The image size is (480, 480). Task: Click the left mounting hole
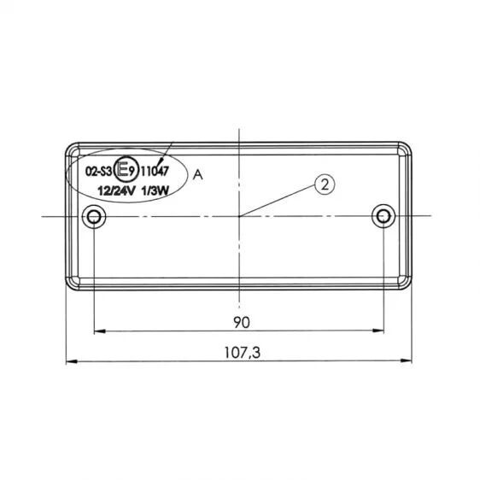click(x=94, y=217)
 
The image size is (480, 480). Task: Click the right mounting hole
click(x=383, y=216)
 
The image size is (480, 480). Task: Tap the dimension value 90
click(x=242, y=322)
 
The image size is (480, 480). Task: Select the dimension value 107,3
click(x=243, y=353)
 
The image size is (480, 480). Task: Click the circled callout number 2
click(x=325, y=184)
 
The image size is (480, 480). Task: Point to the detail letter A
click(x=198, y=175)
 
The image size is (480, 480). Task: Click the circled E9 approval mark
click(x=125, y=170)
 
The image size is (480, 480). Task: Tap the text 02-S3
click(x=98, y=172)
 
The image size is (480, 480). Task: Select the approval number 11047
click(x=155, y=171)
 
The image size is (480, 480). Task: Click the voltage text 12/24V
click(x=116, y=191)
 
